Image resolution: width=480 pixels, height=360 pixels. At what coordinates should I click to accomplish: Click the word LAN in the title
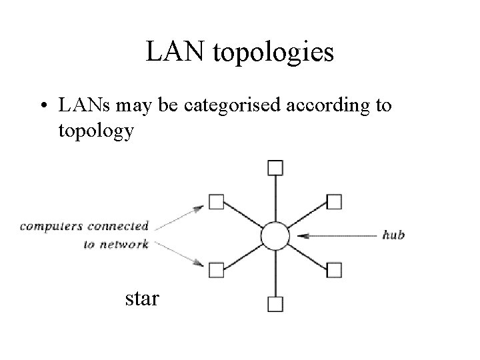(x=175, y=53)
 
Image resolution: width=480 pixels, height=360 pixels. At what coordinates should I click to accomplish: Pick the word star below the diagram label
(x=142, y=298)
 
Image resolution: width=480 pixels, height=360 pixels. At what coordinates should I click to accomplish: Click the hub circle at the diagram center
(x=274, y=235)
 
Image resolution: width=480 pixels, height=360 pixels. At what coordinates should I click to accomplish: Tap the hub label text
(x=393, y=235)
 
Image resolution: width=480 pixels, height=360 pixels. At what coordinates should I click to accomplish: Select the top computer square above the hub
(x=274, y=167)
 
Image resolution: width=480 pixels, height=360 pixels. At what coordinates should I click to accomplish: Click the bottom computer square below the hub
(x=274, y=305)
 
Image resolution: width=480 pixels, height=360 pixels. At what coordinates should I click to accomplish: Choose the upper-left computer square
(x=215, y=201)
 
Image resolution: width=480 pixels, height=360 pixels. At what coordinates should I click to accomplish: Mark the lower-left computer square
(x=215, y=270)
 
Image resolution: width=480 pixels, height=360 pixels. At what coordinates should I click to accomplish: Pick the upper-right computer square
(x=334, y=201)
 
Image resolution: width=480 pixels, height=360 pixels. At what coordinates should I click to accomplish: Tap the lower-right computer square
(x=334, y=270)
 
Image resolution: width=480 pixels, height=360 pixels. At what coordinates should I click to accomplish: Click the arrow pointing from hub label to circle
(x=333, y=235)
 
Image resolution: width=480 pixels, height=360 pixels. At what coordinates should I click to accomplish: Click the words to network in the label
(x=115, y=244)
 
